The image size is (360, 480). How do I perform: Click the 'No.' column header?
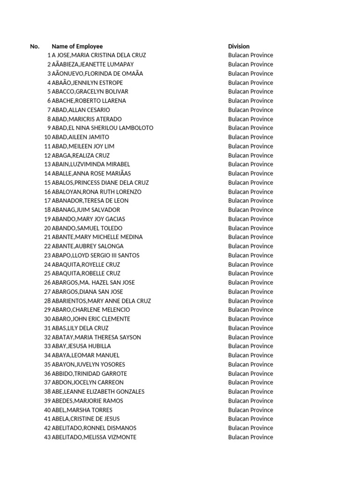pos(35,46)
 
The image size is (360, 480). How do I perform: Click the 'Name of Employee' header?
pos(77,46)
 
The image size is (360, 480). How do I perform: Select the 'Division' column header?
pos(239,46)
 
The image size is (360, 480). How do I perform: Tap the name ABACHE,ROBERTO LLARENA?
pos(89,101)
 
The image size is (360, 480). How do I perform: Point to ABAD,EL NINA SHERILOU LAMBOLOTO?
pos(103,128)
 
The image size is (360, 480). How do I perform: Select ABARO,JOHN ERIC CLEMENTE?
pos(91,319)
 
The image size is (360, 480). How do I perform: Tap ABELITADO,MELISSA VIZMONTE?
pos(94,437)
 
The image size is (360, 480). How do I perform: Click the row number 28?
pos(47,301)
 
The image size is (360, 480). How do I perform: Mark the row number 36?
pos(47,374)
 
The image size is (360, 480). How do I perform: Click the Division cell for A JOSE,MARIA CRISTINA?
pos(250,55)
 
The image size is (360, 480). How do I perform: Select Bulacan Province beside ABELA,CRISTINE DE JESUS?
pos(250,419)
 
